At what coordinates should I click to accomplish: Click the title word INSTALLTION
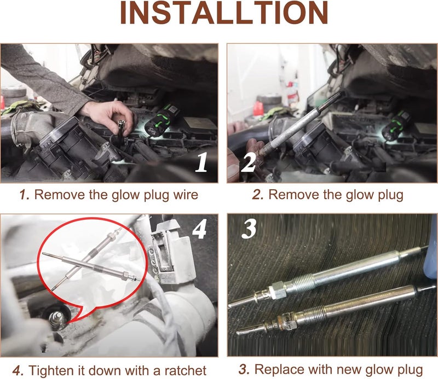(224, 13)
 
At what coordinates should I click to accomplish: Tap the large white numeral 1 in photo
(201, 162)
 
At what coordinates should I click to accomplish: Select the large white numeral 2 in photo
(249, 162)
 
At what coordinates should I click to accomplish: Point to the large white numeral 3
(249, 229)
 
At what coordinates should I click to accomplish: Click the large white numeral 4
(199, 229)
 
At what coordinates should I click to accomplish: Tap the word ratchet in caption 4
(186, 371)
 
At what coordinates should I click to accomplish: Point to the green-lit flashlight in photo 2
(395, 126)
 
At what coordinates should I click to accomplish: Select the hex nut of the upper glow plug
(278, 290)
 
